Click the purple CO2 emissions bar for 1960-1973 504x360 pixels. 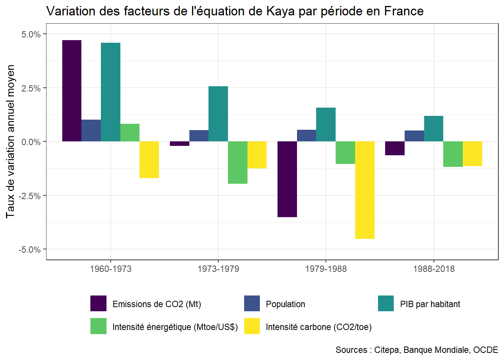click(72, 91)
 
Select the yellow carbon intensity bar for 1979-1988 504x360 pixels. click(364, 190)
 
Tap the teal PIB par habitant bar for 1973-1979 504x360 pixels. click(218, 114)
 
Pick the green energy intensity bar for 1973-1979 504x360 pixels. click(238, 162)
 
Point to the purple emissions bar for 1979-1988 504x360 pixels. click(287, 179)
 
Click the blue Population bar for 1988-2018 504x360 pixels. click(414, 136)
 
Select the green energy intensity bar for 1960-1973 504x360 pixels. click(130, 133)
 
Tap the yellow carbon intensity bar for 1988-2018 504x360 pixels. click(472, 154)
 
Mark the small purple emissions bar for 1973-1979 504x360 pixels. click(180, 144)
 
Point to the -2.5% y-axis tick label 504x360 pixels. click(30, 196)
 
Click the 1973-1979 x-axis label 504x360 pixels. click(218, 269)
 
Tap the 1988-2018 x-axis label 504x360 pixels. click(434, 269)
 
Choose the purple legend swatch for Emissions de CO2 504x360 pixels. click(98, 303)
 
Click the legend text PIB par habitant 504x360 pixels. click(430, 304)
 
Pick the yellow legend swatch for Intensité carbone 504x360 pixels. click(252, 326)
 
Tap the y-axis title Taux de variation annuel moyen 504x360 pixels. click(10, 141)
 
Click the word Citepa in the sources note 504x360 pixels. click(387, 350)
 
